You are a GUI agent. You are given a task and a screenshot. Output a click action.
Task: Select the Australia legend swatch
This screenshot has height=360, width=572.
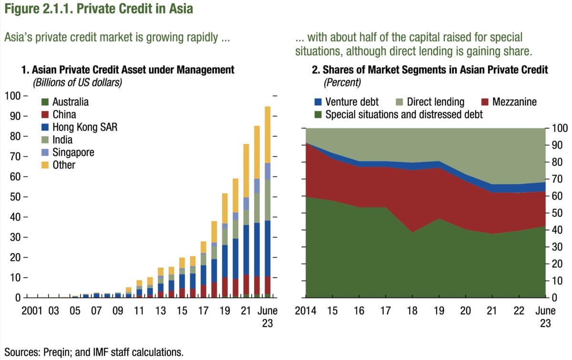pos(45,102)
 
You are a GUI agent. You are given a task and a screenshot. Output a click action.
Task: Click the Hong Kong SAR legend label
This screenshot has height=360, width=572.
pos(85,127)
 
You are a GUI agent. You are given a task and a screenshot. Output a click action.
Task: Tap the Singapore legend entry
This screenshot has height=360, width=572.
pos(73,153)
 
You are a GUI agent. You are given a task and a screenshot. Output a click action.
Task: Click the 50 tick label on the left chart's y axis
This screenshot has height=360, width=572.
pos(15,197)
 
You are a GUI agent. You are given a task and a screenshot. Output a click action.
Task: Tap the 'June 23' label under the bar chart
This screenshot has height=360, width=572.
pos(267,317)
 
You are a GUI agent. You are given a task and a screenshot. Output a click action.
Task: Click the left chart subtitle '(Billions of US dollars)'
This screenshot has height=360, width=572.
pos(77,82)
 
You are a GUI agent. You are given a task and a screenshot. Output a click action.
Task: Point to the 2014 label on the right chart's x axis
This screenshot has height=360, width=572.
pos(306,311)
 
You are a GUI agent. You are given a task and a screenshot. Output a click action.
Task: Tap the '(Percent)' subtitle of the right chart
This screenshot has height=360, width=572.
pos(342,82)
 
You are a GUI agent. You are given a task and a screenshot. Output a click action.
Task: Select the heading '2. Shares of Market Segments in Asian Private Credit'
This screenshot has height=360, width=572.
pos(429,70)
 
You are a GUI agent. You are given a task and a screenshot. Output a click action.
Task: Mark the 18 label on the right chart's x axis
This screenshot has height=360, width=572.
pos(412,311)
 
